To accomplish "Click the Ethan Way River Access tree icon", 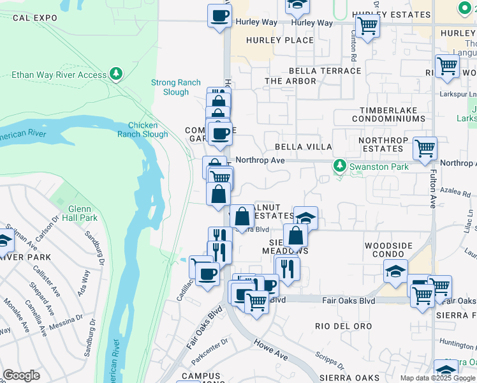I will point(115,75).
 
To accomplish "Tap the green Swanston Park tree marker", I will point(340,166).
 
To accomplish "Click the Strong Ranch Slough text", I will point(175,87).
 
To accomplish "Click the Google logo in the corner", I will point(21,375).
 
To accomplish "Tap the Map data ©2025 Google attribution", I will point(437,378).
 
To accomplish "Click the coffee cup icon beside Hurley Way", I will point(219,16).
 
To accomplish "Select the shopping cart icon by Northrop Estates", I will point(425,149).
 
